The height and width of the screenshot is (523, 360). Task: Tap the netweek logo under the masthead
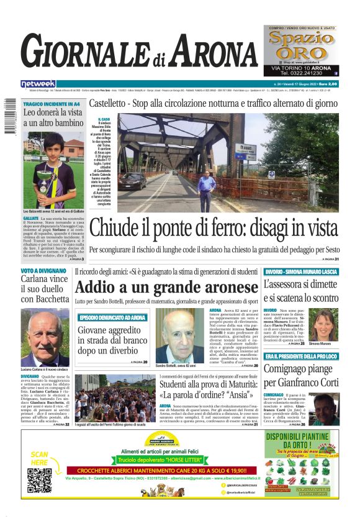[x=38, y=84]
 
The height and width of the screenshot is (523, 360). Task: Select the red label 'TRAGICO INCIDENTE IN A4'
[x=52, y=104]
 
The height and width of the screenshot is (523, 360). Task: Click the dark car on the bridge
[x=133, y=180]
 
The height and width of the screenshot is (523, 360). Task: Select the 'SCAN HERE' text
[x=39, y=458]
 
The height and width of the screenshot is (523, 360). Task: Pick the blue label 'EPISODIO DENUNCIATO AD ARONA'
[x=113, y=317]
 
